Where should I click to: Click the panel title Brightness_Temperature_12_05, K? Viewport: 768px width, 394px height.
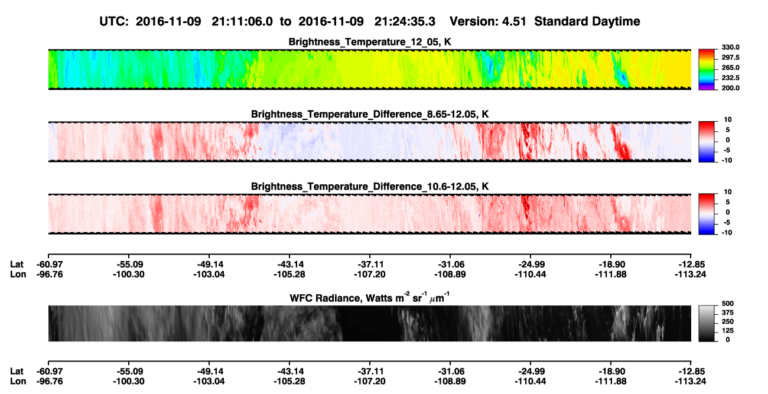370,42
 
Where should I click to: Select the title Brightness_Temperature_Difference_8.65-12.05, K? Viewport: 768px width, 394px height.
370,114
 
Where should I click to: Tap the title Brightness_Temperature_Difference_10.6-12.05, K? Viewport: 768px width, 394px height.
370,187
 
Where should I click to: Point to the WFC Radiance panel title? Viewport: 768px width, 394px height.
370,298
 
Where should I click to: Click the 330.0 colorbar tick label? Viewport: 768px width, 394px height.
730,47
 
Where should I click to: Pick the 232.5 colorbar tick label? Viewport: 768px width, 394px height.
730,78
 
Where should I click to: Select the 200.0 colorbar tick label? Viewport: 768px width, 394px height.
730,88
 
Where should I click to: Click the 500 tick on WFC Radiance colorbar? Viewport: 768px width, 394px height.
728,304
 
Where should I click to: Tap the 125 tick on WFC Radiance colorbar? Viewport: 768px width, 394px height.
728,331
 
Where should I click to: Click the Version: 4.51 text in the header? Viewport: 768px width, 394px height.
487,21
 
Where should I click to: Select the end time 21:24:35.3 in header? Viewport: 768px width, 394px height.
405,21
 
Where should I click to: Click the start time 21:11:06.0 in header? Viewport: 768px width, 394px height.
242,21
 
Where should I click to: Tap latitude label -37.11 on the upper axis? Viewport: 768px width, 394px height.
370,265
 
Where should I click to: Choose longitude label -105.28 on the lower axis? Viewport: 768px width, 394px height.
289,382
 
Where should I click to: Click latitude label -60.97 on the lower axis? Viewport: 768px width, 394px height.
49,372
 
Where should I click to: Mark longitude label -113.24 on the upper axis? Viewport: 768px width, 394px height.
690,274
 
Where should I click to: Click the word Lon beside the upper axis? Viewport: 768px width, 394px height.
18,274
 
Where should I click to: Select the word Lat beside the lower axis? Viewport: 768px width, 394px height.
17,372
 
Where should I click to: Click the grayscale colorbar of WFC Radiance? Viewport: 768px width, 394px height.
707,323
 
